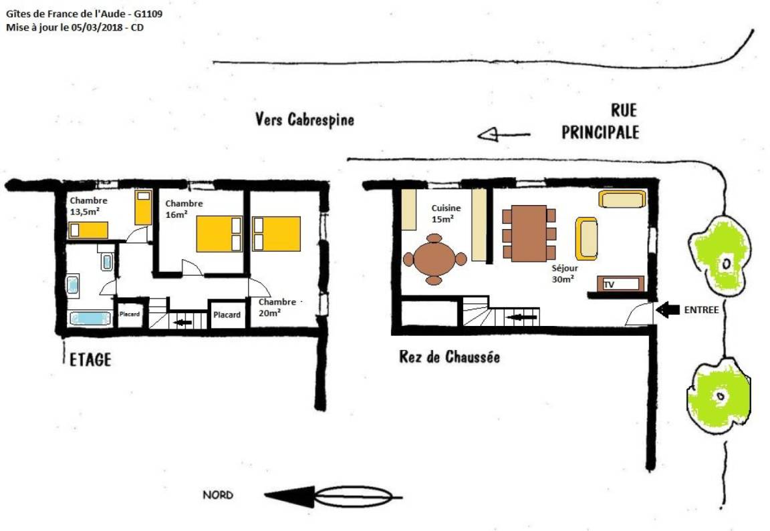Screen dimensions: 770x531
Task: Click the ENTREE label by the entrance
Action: click(x=701, y=310)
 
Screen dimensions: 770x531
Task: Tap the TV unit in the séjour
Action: click(x=621, y=284)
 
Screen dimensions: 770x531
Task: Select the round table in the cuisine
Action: click(x=434, y=259)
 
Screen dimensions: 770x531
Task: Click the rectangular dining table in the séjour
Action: click(x=529, y=233)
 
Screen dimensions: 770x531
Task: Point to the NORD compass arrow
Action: click(x=334, y=497)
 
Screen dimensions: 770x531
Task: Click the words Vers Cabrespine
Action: click(x=305, y=120)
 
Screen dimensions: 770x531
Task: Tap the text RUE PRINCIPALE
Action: click(x=601, y=121)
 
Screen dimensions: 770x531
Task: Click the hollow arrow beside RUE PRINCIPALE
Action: click(x=504, y=134)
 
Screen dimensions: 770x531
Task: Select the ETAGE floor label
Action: click(x=90, y=360)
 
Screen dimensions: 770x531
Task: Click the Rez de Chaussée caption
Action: click(x=449, y=356)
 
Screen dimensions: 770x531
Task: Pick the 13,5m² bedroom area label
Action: click(x=85, y=212)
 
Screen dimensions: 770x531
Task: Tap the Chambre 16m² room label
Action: click(x=184, y=208)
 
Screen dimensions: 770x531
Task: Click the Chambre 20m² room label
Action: click(x=277, y=307)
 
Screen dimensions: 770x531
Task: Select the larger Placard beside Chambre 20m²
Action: click(x=227, y=315)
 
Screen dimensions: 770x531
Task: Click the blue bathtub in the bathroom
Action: click(x=90, y=319)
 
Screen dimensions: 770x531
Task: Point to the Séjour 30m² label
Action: click(x=564, y=273)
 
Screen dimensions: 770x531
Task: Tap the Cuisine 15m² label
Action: click(x=446, y=214)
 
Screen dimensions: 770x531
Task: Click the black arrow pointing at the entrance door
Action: click(x=668, y=310)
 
